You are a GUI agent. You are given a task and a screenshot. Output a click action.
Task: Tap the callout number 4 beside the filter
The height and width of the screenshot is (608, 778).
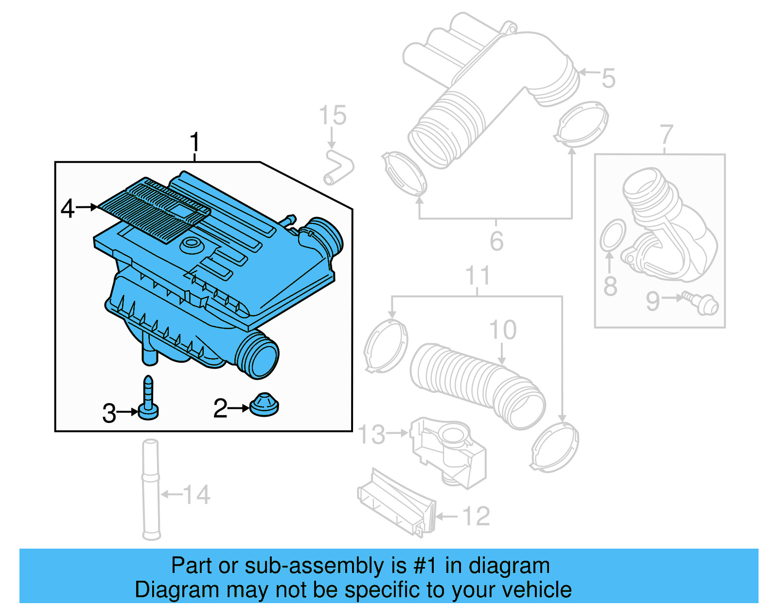tap(68, 208)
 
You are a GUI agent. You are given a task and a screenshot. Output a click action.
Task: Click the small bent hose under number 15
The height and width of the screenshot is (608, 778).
tap(338, 168)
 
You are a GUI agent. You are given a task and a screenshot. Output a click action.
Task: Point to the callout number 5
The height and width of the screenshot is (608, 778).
tap(608, 78)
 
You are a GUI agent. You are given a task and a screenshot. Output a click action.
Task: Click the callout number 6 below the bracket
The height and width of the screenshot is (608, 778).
tap(496, 241)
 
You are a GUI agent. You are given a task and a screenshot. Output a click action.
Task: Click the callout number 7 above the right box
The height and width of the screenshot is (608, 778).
tap(666, 135)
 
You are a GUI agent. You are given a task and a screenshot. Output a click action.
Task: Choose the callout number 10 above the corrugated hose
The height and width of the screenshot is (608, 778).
tap(503, 331)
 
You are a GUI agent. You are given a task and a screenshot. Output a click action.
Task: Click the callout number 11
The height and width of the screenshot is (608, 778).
tap(477, 276)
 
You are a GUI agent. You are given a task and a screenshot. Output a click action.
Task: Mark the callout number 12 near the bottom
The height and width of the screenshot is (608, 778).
tap(476, 516)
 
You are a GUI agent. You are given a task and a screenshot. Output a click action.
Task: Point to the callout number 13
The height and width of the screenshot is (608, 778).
tap(371, 434)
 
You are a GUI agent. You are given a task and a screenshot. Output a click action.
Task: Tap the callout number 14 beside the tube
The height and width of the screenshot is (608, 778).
tap(196, 495)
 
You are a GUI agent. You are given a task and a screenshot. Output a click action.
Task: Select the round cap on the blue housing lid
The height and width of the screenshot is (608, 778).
tap(192, 245)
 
